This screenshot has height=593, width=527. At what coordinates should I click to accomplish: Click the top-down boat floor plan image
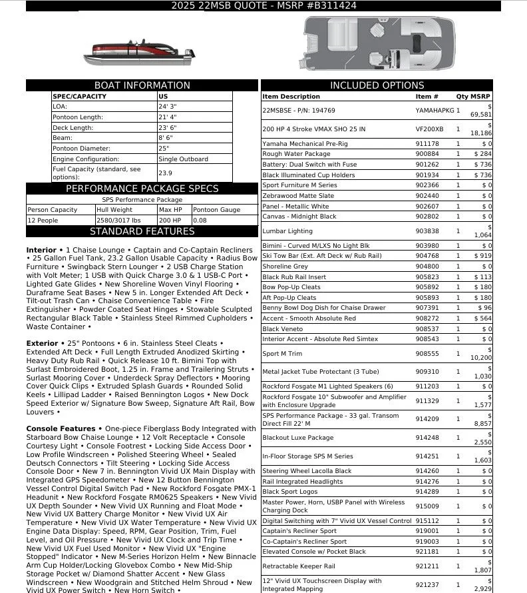coord(377,44)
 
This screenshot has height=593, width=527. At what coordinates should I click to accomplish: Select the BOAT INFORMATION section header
coord(142,85)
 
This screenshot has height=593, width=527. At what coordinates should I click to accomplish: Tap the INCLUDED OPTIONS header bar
coord(377,85)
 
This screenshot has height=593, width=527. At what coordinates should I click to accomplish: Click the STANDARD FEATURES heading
coord(142,232)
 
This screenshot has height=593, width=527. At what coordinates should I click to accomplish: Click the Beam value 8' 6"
coord(166,138)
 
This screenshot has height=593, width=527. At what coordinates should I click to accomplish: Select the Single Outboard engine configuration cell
coord(183,159)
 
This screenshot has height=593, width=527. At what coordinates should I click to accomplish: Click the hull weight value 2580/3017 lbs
coord(118,220)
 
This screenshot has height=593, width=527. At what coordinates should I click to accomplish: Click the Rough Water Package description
coord(296,154)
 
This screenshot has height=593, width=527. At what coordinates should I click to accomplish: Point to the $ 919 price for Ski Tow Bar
coord(483,256)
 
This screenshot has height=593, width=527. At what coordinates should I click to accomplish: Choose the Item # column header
coord(427,97)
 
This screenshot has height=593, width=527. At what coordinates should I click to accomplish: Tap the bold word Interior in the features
coord(41,251)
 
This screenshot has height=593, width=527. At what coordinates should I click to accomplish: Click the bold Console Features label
coord(61,428)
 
